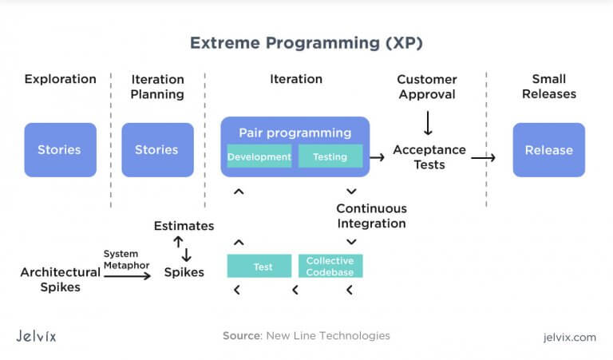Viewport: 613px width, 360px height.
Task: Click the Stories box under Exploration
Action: point(60,150)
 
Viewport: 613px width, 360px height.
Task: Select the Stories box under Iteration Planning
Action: point(157,150)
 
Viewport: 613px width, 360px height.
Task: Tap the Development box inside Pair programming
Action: point(259,156)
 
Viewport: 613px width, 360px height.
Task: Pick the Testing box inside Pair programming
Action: point(330,156)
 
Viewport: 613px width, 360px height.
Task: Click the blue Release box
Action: point(549,150)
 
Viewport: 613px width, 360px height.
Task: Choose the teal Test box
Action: point(259,266)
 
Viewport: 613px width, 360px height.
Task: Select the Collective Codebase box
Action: point(330,266)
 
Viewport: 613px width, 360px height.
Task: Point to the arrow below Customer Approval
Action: point(428,123)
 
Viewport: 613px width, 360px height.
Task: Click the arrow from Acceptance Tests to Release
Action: point(483,157)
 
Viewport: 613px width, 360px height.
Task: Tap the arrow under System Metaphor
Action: point(128,276)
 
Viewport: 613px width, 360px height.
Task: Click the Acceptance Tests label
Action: point(429,157)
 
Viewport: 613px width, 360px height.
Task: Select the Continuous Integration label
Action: point(371,216)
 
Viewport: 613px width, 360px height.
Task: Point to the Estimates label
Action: point(184,226)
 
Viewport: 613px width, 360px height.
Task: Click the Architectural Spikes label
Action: point(60,279)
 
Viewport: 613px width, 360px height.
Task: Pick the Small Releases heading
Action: point(549,86)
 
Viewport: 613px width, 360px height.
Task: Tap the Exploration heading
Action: point(60,79)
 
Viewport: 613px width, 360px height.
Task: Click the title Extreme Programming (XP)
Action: point(306,42)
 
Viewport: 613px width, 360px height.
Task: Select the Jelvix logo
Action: point(36,336)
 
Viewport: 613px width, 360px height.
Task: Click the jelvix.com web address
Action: point(570,338)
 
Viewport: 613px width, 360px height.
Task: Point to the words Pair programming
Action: point(295,133)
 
